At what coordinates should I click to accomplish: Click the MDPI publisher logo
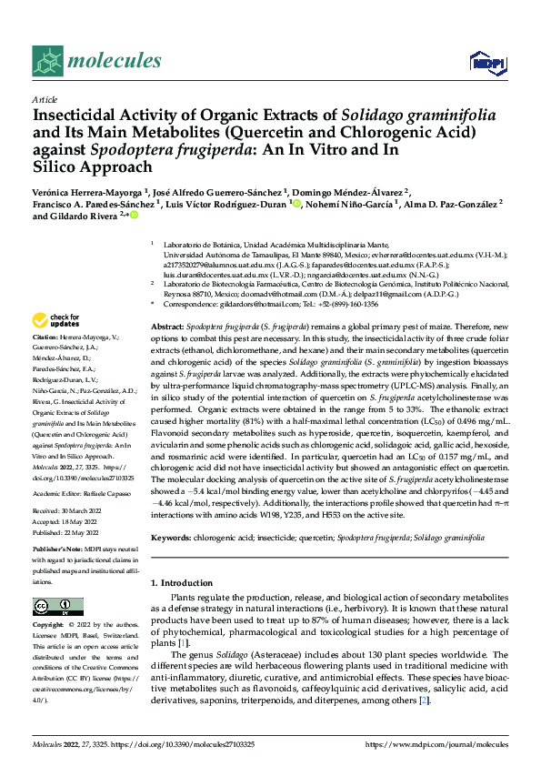(485, 62)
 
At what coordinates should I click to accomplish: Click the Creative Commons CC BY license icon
(53, 607)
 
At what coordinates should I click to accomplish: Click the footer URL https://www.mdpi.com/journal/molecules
(436, 744)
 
